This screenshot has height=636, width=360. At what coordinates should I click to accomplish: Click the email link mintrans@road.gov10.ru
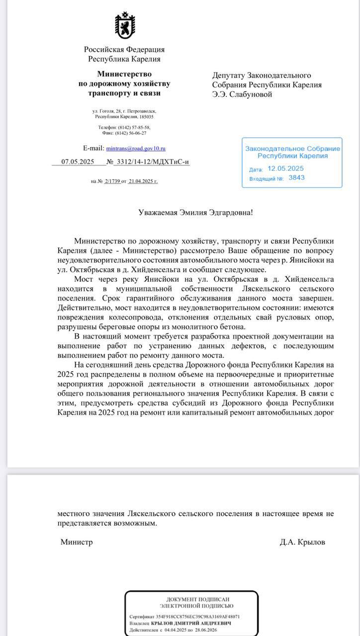coord(136,149)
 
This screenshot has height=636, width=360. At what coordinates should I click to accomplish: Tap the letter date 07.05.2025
coord(78,162)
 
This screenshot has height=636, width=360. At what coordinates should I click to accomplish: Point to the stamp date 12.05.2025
coord(285,168)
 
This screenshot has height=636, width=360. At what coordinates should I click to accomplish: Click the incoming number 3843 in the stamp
coord(297,177)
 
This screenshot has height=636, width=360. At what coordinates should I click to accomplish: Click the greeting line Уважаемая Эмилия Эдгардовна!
coord(195,212)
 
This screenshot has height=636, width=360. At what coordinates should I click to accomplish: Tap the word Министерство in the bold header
coord(124,74)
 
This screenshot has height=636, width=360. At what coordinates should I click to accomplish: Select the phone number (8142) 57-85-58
coord(134,128)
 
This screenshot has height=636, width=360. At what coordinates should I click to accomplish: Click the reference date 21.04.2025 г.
coord(143,181)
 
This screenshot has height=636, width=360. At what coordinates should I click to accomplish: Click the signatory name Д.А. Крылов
coord(302,542)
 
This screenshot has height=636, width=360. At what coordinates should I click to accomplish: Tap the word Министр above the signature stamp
coord(77,542)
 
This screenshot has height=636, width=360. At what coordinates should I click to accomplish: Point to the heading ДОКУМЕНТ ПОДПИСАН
coord(196,600)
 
